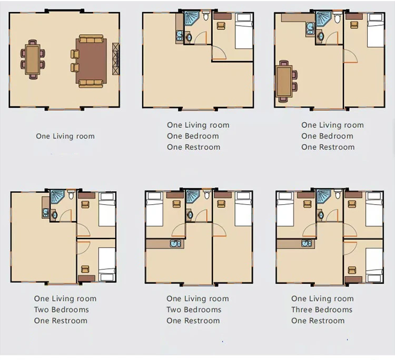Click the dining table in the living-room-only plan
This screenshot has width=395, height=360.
tap(33, 59)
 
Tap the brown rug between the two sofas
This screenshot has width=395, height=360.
tap(91, 61)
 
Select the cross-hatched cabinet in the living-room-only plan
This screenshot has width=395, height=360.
tap(116, 58)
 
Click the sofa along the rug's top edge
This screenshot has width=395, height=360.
tap(91, 39)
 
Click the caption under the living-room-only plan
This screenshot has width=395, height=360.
tap(65, 136)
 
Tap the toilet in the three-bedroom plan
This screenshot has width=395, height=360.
tap(338, 194)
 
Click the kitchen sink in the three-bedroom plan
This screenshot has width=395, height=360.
tap(307, 244)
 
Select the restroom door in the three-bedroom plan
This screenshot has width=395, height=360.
tap(332, 215)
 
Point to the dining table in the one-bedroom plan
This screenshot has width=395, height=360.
tap(284, 81)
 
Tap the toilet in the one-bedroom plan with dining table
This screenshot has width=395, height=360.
tap(338, 17)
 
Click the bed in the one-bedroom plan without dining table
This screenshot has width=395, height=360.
tap(244, 31)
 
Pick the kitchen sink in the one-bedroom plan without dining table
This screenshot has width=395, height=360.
tap(180, 35)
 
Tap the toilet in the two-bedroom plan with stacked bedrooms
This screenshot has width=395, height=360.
tap(71, 195)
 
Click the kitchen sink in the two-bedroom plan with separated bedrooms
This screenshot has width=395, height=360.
tap(175, 244)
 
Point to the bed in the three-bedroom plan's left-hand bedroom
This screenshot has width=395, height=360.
tap(285, 209)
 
